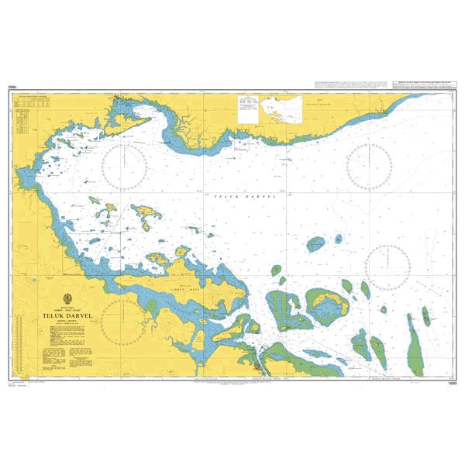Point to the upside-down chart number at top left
pyautogui.click(x=13, y=88)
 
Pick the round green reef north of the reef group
pyautogui.click(x=315, y=245)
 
